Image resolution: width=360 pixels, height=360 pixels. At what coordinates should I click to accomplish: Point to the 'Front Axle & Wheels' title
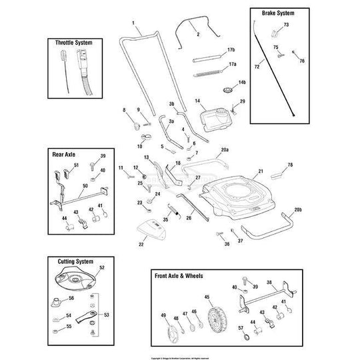(x=179, y=275)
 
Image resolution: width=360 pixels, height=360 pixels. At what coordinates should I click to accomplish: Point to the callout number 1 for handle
(x=134, y=24)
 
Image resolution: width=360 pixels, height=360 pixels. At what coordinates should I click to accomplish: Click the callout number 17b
(x=231, y=50)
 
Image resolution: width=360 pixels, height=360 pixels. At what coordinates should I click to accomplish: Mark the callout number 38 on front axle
(x=269, y=282)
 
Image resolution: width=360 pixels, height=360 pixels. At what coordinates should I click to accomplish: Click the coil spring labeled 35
(x=177, y=209)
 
